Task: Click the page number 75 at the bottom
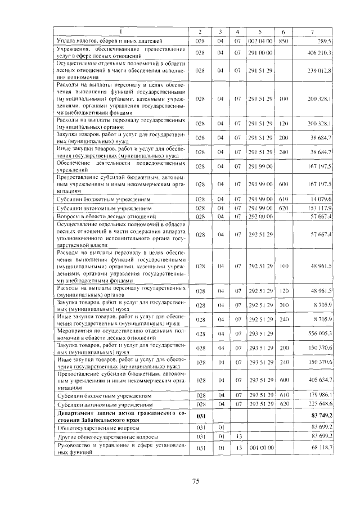pos(196,481)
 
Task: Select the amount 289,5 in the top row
pos(326,41)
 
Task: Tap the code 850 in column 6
pos(283,41)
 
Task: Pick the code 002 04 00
pos(260,41)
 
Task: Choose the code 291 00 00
pos(260,52)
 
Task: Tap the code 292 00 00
pos(260,217)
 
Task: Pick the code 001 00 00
pos(260,448)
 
